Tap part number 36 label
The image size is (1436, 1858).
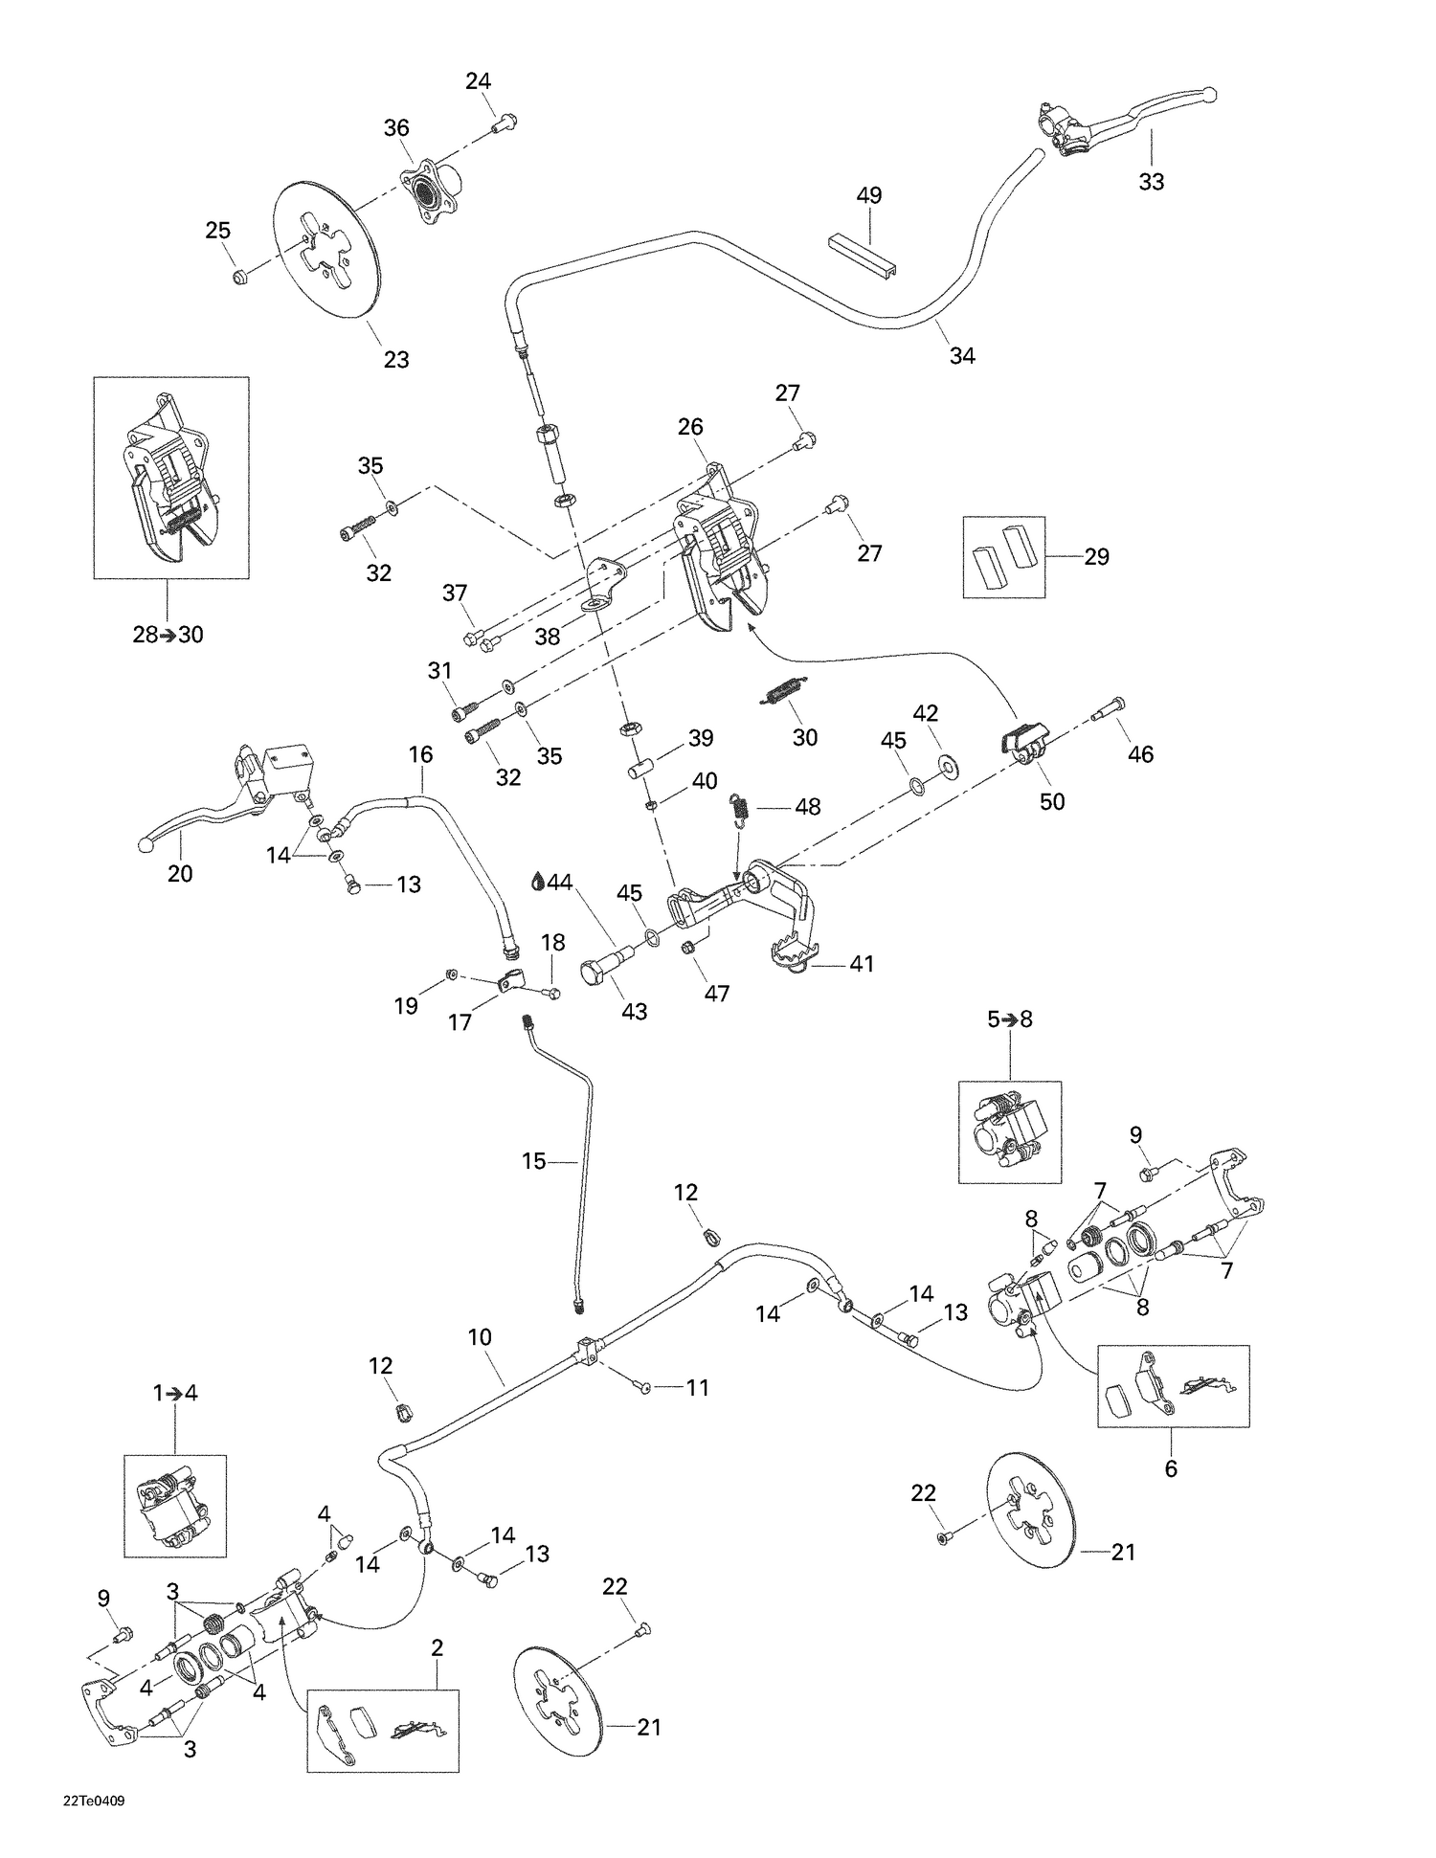(396, 128)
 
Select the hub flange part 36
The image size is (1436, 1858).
(430, 192)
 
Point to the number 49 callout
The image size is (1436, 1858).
(868, 195)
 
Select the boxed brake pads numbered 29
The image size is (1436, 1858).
(1002, 557)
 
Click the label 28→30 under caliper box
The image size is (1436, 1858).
(168, 635)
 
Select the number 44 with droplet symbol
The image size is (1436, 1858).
(551, 882)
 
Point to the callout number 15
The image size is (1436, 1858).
(533, 1161)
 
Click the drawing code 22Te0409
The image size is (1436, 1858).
(94, 1800)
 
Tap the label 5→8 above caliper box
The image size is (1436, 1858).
(1010, 1019)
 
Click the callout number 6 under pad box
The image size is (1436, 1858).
(1171, 1467)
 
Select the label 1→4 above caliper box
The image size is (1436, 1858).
(175, 1393)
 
